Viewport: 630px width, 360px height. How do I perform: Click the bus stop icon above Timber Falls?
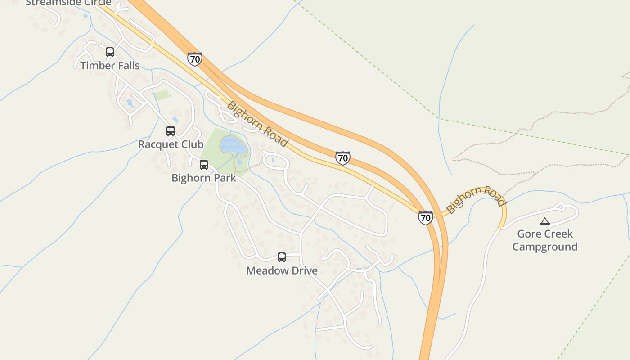point(110,52)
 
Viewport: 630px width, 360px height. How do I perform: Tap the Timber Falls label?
point(110,66)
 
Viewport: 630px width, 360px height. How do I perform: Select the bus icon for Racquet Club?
point(171,131)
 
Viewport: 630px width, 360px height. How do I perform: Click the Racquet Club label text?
point(171,144)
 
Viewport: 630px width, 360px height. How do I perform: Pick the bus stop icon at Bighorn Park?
point(204,165)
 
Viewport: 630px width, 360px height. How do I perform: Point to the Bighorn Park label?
point(204,178)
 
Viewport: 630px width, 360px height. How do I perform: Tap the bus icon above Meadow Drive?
point(282,257)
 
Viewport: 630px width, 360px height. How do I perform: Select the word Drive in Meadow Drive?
point(304,270)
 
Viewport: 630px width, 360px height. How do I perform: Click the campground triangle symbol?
point(545,221)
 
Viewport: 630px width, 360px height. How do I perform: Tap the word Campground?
point(545,247)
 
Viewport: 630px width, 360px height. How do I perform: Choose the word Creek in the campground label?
point(558,234)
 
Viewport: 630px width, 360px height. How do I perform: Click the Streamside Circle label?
point(68,3)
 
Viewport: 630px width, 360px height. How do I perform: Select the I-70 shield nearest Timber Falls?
point(195,59)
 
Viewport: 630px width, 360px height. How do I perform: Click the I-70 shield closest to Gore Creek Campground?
point(425,218)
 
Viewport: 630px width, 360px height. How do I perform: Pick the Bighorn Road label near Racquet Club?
point(257,124)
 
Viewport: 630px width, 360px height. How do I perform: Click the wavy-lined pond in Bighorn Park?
point(233,145)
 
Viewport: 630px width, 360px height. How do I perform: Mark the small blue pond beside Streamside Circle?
point(85,16)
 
